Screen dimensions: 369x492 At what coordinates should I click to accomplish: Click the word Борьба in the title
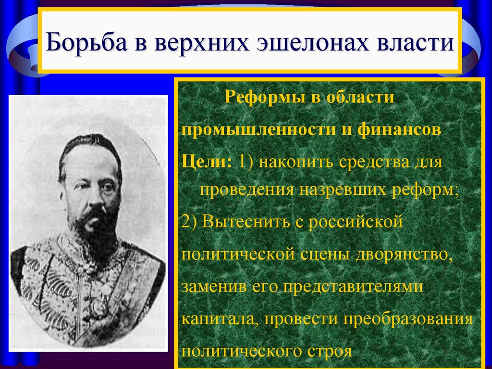click(x=80, y=42)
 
